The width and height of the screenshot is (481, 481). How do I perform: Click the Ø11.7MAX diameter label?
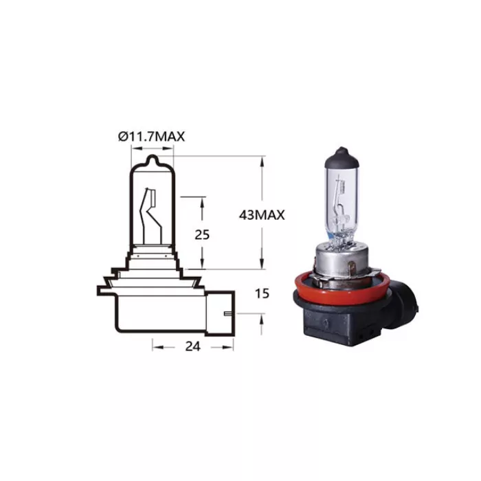pyautogui.click(x=152, y=137)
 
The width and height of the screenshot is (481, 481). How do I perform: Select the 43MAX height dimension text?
pyautogui.click(x=262, y=214)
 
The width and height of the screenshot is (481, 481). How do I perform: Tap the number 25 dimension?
pyautogui.click(x=202, y=234)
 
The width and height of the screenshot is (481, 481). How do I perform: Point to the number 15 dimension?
pyautogui.click(x=262, y=293)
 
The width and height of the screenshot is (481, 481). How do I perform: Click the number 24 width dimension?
pyautogui.click(x=193, y=347)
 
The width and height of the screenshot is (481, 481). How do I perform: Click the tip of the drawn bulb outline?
pyautogui.click(x=152, y=159)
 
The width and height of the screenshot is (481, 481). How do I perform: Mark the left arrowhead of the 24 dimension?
pyautogui.click(x=155, y=347)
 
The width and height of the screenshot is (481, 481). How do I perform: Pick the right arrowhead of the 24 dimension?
pyautogui.click(x=232, y=347)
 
